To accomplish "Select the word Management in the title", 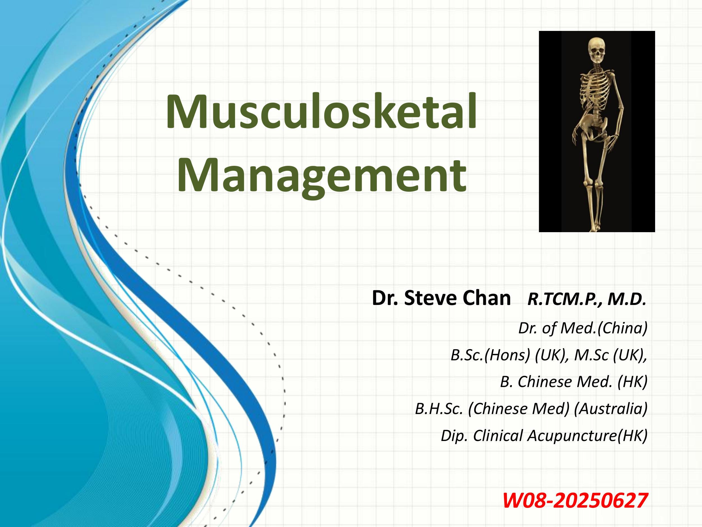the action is click(x=322, y=177).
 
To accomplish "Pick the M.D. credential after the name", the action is click(x=626, y=299).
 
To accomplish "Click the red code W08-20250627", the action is click(x=575, y=501).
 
